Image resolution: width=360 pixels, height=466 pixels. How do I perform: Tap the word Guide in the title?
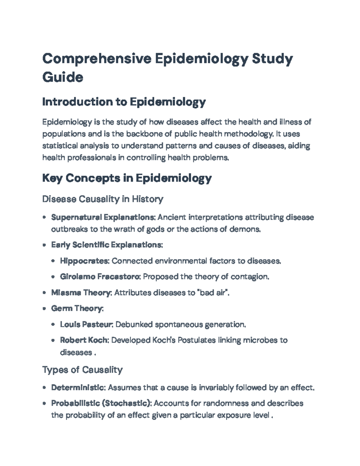63,77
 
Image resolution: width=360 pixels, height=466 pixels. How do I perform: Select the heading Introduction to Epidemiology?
124,102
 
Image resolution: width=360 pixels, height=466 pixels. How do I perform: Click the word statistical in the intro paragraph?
60,146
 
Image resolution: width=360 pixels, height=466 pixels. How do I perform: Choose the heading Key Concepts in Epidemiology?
127,178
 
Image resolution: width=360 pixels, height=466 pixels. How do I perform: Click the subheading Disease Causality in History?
103,199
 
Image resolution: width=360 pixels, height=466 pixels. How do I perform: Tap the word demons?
245,229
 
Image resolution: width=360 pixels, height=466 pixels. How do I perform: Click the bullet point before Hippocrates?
53,261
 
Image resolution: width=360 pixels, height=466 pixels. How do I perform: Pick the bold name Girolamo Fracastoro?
100,277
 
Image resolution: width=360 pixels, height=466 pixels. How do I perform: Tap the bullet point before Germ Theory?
44,308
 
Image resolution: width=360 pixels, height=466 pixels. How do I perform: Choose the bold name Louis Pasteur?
86,324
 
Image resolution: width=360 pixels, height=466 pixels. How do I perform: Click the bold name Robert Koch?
84,340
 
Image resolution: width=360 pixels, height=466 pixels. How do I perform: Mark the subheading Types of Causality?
82,370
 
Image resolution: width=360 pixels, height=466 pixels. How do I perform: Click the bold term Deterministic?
78,388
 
